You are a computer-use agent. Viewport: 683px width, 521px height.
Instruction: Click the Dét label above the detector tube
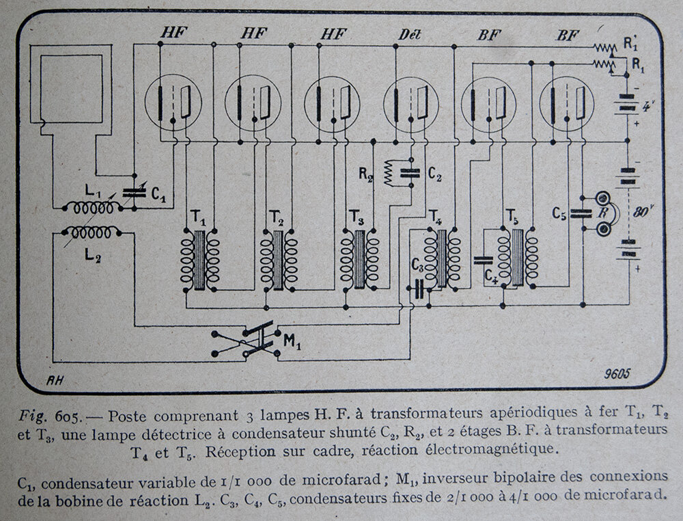tap(409, 35)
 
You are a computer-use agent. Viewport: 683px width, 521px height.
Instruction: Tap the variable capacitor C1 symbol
tap(134, 193)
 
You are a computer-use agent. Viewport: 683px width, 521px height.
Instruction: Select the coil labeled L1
tap(93, 209)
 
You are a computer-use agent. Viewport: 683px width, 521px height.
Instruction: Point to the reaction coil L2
tap(91, 232)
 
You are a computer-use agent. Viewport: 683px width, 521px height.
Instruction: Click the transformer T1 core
tap(199, 260)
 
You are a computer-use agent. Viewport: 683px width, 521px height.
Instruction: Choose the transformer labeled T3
tap(360, 259)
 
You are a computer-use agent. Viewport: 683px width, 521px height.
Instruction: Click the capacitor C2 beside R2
tap(410, 174)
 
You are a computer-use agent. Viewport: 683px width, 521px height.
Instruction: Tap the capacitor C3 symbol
tap(419, 289)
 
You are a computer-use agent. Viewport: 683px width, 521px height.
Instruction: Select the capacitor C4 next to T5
tap(484, 260)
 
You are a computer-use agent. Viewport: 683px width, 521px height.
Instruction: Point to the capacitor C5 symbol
tap(582, 213)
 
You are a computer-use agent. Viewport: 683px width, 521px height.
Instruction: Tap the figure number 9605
tap(617, 373)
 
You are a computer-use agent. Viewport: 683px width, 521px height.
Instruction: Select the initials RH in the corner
tap(55, 381)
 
